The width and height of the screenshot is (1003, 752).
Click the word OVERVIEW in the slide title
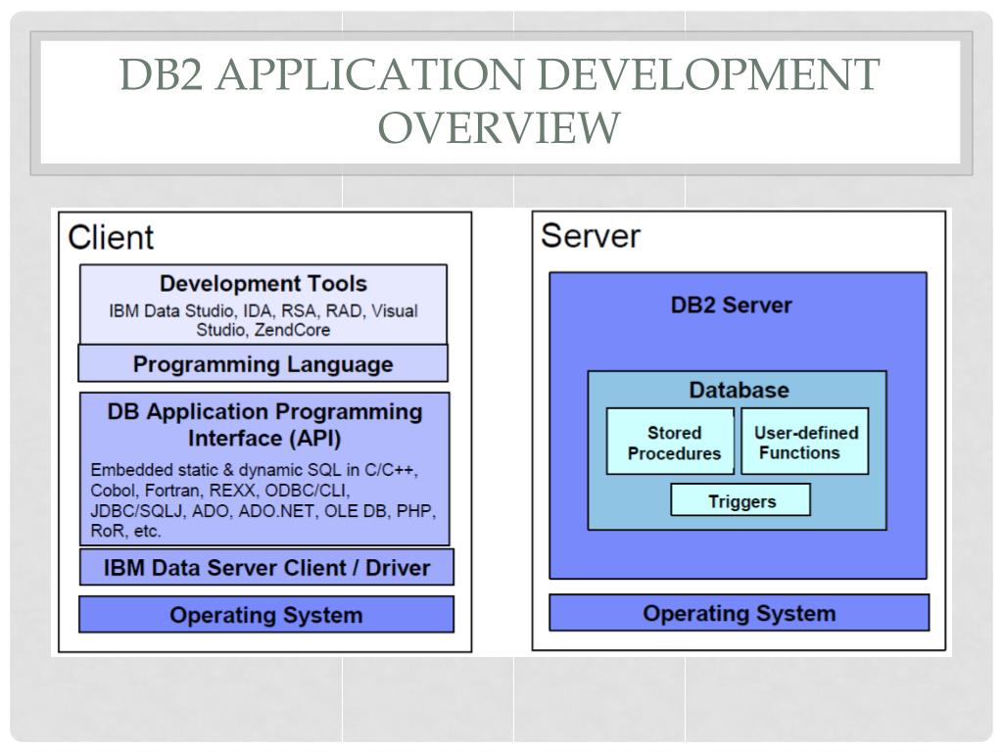(x=500, y=127)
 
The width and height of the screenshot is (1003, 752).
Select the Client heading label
(x=111, y=237)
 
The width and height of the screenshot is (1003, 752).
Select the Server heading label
(x=591, y=236)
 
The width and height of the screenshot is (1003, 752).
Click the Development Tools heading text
(x=263, y=284)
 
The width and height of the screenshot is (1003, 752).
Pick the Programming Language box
(x=263, y=364)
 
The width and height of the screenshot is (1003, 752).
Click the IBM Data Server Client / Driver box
(x=266, y=568)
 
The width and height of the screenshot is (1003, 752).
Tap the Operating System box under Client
(x=265, y=616)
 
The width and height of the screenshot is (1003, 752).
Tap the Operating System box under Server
(x=739, y=614)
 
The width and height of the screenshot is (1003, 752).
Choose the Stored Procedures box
(x=674, y=443)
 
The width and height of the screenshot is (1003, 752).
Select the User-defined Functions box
(x=805, y=443)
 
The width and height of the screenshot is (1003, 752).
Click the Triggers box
(x=740, y=501)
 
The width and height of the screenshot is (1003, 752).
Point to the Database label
(x=738, y=390)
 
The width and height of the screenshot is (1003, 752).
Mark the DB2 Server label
(x=731, y=305)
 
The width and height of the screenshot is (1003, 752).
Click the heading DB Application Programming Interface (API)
(x=264, y=424)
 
